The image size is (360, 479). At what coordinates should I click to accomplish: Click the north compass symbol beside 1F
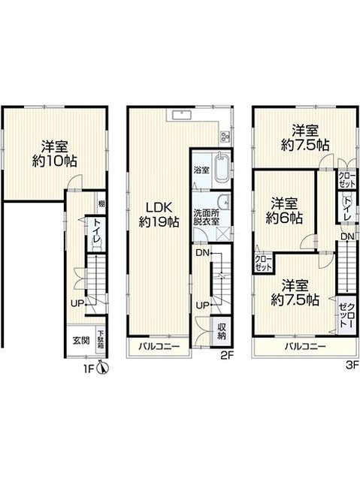[x=102, y=367]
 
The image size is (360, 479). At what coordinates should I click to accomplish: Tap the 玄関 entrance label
[x=81, y=340]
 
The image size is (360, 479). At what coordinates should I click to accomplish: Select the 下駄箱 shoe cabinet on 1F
[x=101, y=339]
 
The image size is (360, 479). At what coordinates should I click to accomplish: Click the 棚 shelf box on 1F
[x=101, y=203]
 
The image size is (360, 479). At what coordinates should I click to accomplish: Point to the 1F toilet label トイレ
[x=97, y=231]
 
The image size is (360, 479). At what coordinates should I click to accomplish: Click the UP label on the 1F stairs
[x=77, y=303]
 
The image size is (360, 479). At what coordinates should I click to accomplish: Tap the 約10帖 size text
[x=55, y=161]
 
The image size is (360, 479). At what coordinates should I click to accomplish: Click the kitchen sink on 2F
[x=182, y=116]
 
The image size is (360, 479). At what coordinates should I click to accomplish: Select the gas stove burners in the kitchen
[x=225, y=137]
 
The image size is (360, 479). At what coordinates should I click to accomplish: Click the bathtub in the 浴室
[x=221, y=169]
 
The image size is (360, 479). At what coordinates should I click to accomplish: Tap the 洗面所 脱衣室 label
[x=206, y=217]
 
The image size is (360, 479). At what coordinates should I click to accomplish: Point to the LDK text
[x=159, y=208]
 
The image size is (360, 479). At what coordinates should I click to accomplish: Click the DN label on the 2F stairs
[x=202, y=252]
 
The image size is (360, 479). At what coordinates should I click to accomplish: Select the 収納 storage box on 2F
[x=222, y=332]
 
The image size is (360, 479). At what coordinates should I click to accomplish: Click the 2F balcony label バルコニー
[x=159, y=347]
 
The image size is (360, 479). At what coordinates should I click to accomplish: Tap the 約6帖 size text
[x=284, y=218]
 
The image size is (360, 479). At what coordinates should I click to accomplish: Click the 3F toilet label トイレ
[x=347, y=209]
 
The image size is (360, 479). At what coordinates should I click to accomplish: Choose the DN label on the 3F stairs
[x=347, y=236]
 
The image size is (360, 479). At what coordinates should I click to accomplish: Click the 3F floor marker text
[x=352, y=366]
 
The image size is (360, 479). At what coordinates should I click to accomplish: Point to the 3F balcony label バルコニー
[x=305, y=347]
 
